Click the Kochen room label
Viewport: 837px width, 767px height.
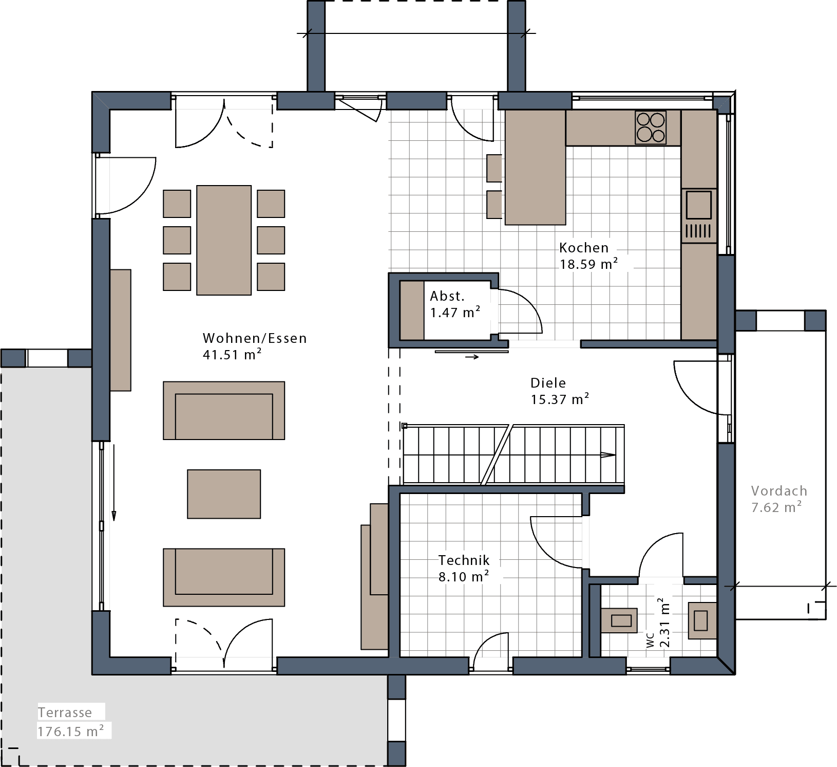pyautogui.click(x=583, y=248)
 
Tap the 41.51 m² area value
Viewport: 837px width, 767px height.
pyautogui.click(x=232, y=355)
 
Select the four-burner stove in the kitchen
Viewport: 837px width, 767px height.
pyautogui.click(x=651, y=127)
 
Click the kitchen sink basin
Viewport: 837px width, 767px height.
pyautogui.click(x=698, y=205)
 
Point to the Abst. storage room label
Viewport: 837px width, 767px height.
pyautogui.click(x=447, y=296)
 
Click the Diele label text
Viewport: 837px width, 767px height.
pyautogui.click(x=548, y=383)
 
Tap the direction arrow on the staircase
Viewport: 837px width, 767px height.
pyautogui.click(x=608, y=455)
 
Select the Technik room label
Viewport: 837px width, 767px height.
pyautogui.click(x=464, y=560)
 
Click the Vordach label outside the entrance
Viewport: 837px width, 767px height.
pyautogui.click(x=778, y=491)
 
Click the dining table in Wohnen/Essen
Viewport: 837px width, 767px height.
pyautogui.click(x=224, y=240)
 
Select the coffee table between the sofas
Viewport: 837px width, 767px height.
pyautogui.click(x=224, y=494)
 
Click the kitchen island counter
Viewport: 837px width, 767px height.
pyautogui.click(x=535, y=167)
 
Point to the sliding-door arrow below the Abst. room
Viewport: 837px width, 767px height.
pyautogui.click(x=472, y=357)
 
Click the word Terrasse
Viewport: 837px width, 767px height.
pyautogui.click(x=65, y=713)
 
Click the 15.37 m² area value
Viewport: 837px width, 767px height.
pyautogui.click(x=559, y=399)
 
